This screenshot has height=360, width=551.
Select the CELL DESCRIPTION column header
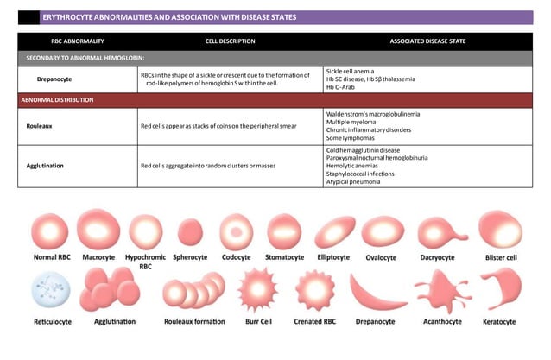tap(230, 41)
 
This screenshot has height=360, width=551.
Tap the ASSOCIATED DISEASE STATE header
tap(427, 41)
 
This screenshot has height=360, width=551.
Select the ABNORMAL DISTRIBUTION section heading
tap(57, 100)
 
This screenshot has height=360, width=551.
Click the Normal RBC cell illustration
tap(50, 231)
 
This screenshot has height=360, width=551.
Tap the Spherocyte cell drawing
tap(190, 231)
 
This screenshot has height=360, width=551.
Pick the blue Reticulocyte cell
tap(50, 289)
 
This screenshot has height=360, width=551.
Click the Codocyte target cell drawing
tap(235, 231)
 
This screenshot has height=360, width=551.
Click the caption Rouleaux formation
tap(194, 321)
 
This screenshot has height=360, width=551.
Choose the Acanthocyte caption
tap(440, 321)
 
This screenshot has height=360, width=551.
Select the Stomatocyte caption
tap(284, 257)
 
